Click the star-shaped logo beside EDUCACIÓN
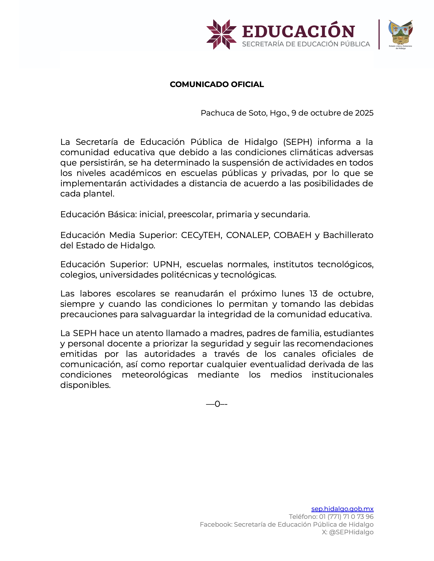[x=221, y=34]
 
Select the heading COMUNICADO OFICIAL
[x=217, y=84]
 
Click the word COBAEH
[x=292, y=235]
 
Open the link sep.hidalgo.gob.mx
[x=342, y=509]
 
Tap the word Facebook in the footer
[x=216, y=524]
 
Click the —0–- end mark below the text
[x=217, y=404]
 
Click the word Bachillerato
[x=348, y=235]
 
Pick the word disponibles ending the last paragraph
[x=85, y=385]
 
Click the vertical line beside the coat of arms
[x=379, y=34]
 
